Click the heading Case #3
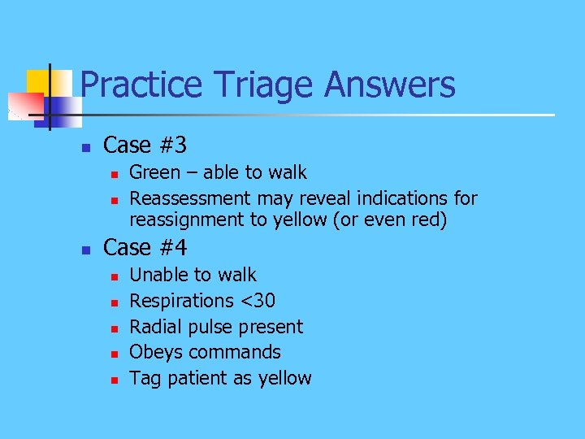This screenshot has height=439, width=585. [x=145, y=146]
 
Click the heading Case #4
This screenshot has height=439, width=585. [x=145, y=248]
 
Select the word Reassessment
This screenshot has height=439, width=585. [x=191, y=198]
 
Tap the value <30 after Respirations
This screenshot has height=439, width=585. [x=258, y=302]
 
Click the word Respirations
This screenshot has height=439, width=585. [x=181, y=302]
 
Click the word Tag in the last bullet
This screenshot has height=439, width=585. [x=144, y=379]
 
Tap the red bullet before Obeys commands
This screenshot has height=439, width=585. [x=115, y=354]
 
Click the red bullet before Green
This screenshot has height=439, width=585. [x=115, y=173]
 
